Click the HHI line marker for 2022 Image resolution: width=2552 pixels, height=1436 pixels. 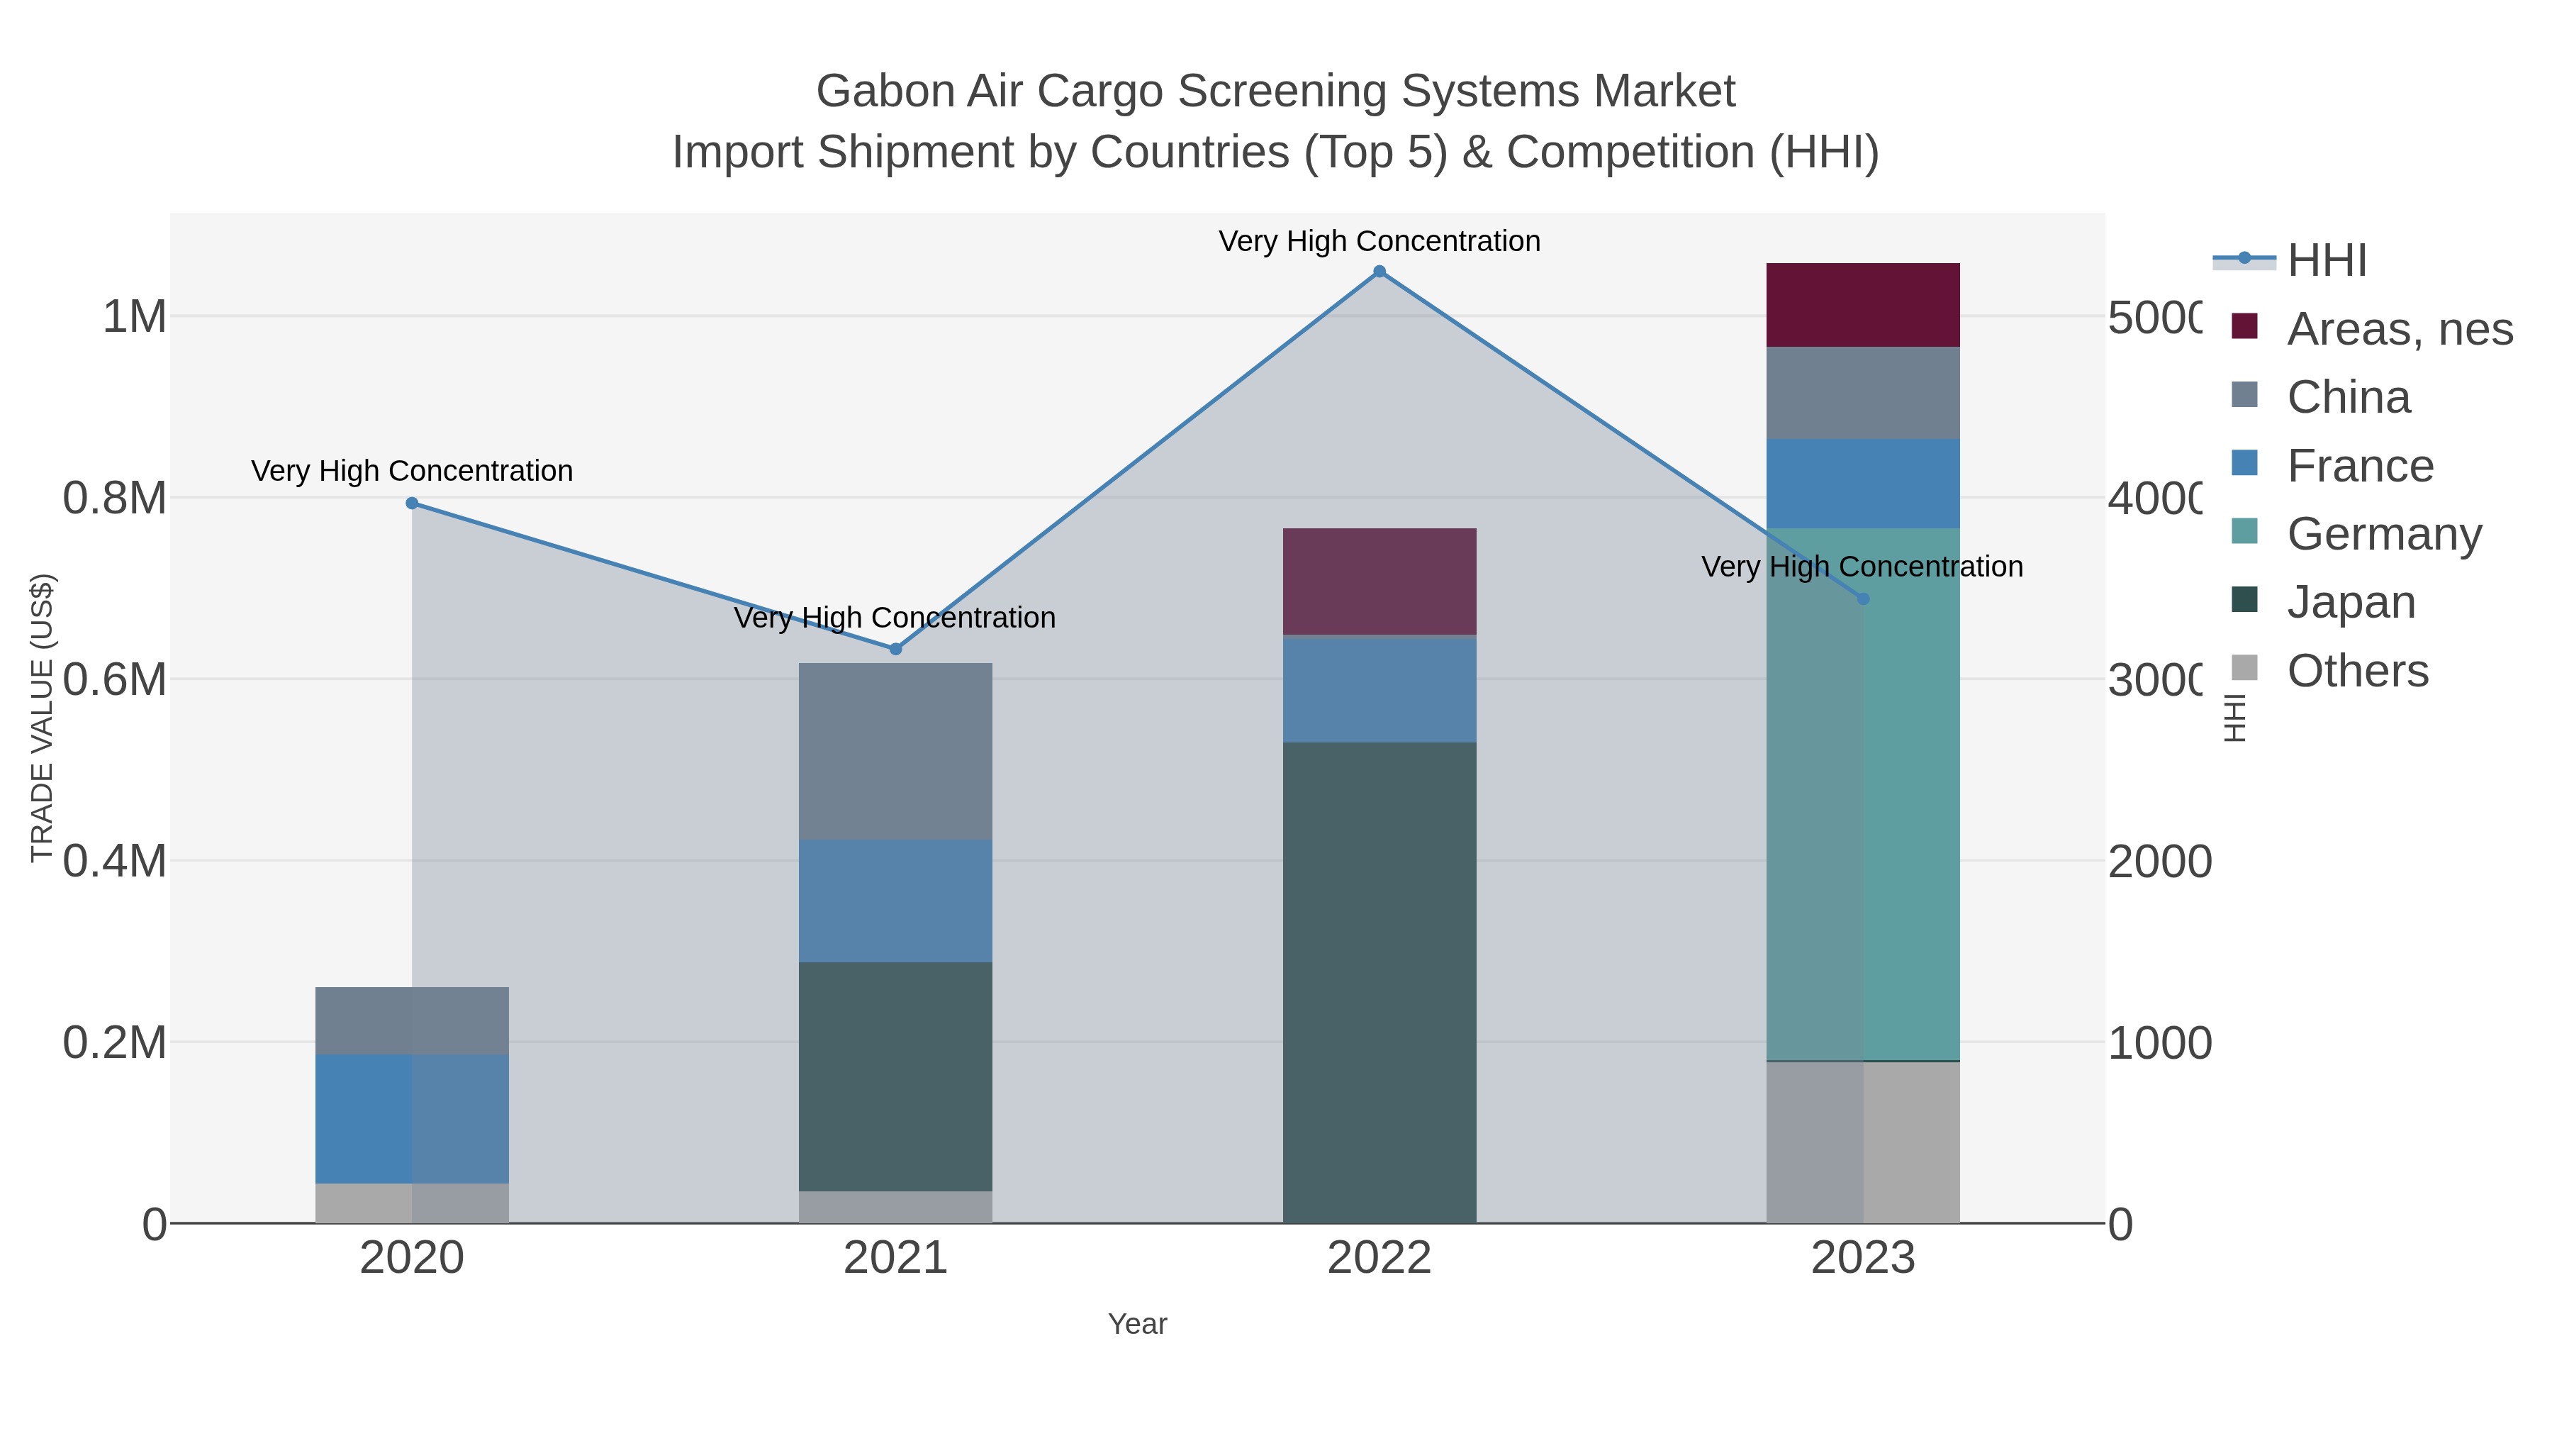click(x=1379, y=272)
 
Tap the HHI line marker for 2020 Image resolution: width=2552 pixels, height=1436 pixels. click(x=412, y=503)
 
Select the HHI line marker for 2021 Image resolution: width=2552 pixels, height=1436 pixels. click(x=895, y=649)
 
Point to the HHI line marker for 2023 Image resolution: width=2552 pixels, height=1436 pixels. click(x=1862, y=599)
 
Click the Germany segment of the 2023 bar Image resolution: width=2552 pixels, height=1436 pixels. click(x=1862, y=793)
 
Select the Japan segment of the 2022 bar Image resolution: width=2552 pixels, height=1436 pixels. click(x=1379, y=981)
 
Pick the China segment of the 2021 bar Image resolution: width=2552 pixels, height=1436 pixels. click(x=895, y=751)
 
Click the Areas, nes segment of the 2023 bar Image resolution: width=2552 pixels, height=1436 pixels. click(x=1862, y=304)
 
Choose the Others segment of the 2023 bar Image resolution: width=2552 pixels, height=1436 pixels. click(x=1862, y=1142)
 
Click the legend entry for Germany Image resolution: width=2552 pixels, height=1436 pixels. click(x=2383, y=534)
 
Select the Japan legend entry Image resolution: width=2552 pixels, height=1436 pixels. click(x=2350, y=603)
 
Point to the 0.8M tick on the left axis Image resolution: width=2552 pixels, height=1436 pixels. click(x=114, y=499)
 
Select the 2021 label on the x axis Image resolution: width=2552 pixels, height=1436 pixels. click(x=895, y=1259)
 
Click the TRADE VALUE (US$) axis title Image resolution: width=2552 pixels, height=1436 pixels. click(x=42, y=718)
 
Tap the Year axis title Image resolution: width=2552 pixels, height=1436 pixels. click(x=1137, y=1324)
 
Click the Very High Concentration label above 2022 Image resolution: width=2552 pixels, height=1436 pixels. click(x=1379, y=241)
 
